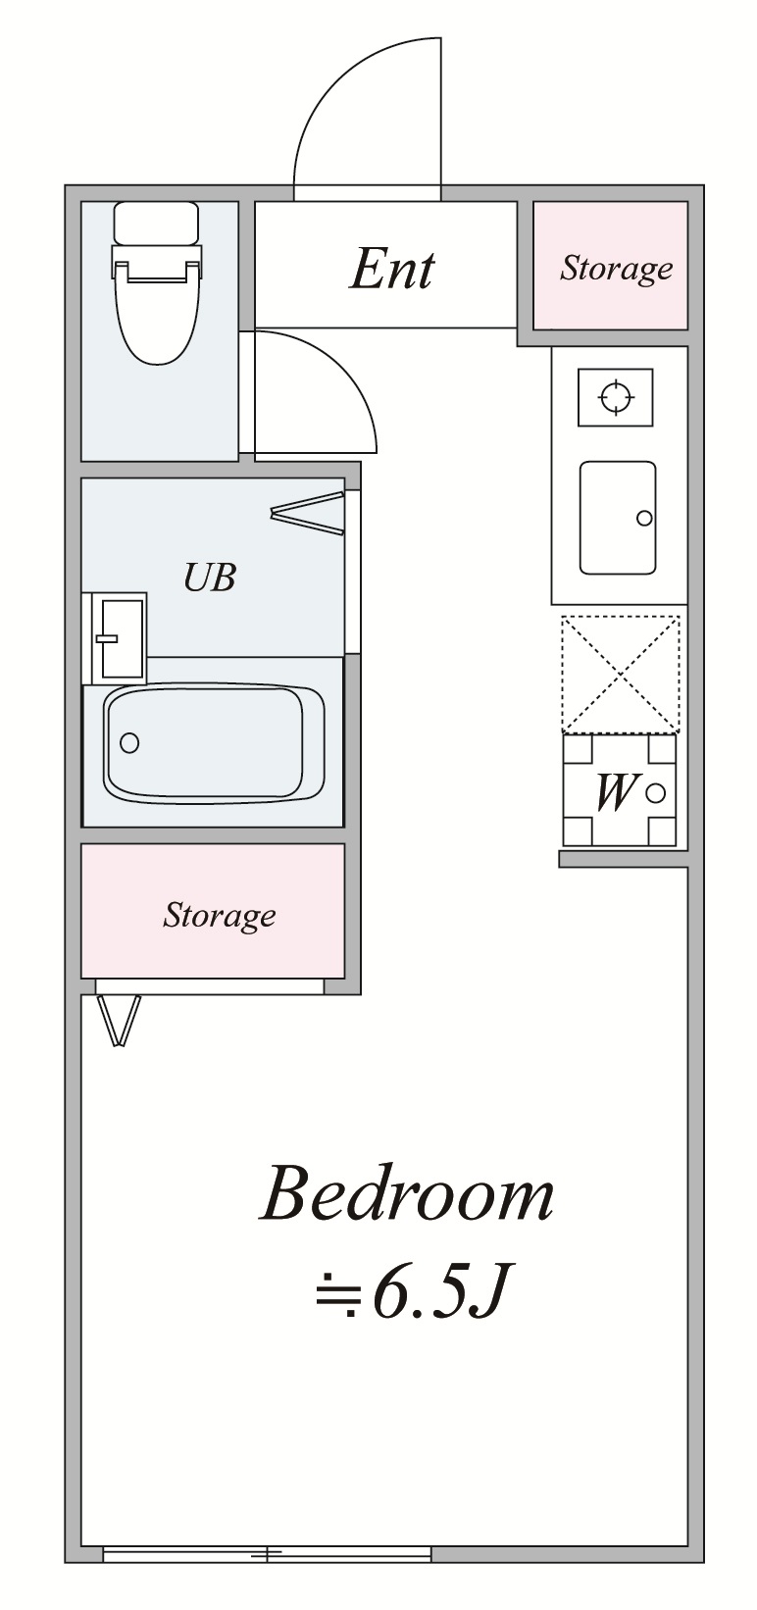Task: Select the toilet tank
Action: click(x=157, y=223)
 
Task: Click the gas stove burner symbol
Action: click(x=615, y=397)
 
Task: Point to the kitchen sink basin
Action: click(x=617, y=517)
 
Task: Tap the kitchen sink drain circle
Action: click(x=644, y=518)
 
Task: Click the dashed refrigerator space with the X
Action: click(x=620, y=675)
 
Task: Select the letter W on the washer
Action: click(x=615, y=792)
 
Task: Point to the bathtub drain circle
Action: click(x=129, y=742)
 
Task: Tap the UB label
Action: click(x=210, y=578)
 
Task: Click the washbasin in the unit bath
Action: click(x=119, y=637)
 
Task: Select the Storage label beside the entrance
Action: click(x=616, y=268)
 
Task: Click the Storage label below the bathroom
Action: click(x=219, y=915)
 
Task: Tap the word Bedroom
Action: click(x=407, y=1195)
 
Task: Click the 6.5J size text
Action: click(x=436, y=1296)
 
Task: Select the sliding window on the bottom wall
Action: click(x=267, y=1554)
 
